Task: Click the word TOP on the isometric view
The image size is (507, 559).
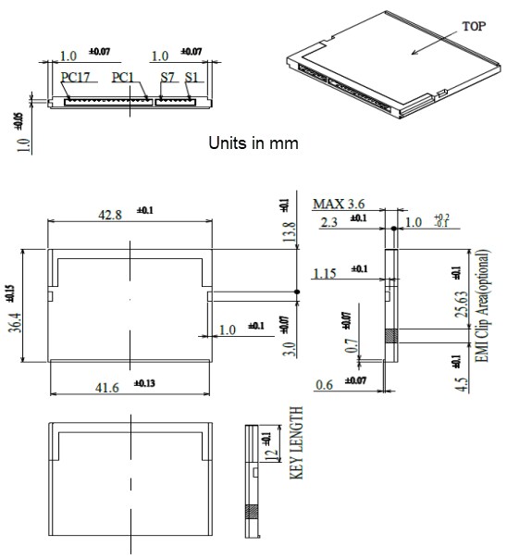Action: click(473, 28)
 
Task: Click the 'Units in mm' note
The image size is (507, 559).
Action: click(253, 145)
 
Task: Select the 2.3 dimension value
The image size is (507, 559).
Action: click(328, 221)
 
